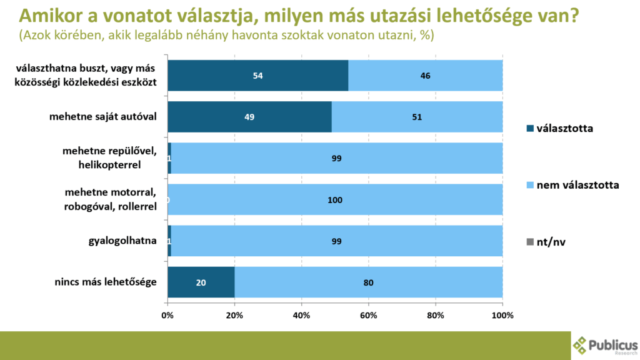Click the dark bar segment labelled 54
(257, 76)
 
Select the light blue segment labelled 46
(426, 76)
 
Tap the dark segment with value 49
(249, 117)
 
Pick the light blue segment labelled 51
(417, 117)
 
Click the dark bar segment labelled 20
(201, 282)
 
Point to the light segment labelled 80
(369, 282)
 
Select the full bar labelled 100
(335, 200)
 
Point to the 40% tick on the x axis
(302, 316)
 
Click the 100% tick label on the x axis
(502, 316)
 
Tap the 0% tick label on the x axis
(167, 316)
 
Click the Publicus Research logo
(605, 345)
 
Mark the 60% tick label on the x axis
(369, 316)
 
